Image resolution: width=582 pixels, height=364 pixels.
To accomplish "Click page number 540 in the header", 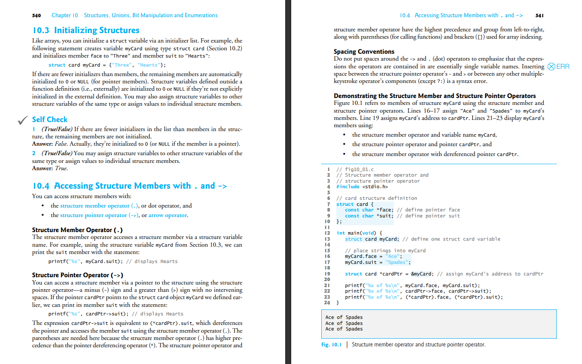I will tap(37, 15).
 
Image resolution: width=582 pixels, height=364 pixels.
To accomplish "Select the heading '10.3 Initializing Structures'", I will tap(86, 31).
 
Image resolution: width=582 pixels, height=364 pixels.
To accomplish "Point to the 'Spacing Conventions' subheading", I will tap(364, 52).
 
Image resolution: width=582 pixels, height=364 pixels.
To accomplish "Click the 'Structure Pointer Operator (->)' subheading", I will tap(78, 275).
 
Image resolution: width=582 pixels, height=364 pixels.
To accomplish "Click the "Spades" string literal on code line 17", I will tap(398, 262).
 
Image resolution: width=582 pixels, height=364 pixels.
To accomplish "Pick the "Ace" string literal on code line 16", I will tap(393, 256).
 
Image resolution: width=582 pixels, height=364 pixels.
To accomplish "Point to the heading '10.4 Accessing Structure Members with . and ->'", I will tap(129, 186).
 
